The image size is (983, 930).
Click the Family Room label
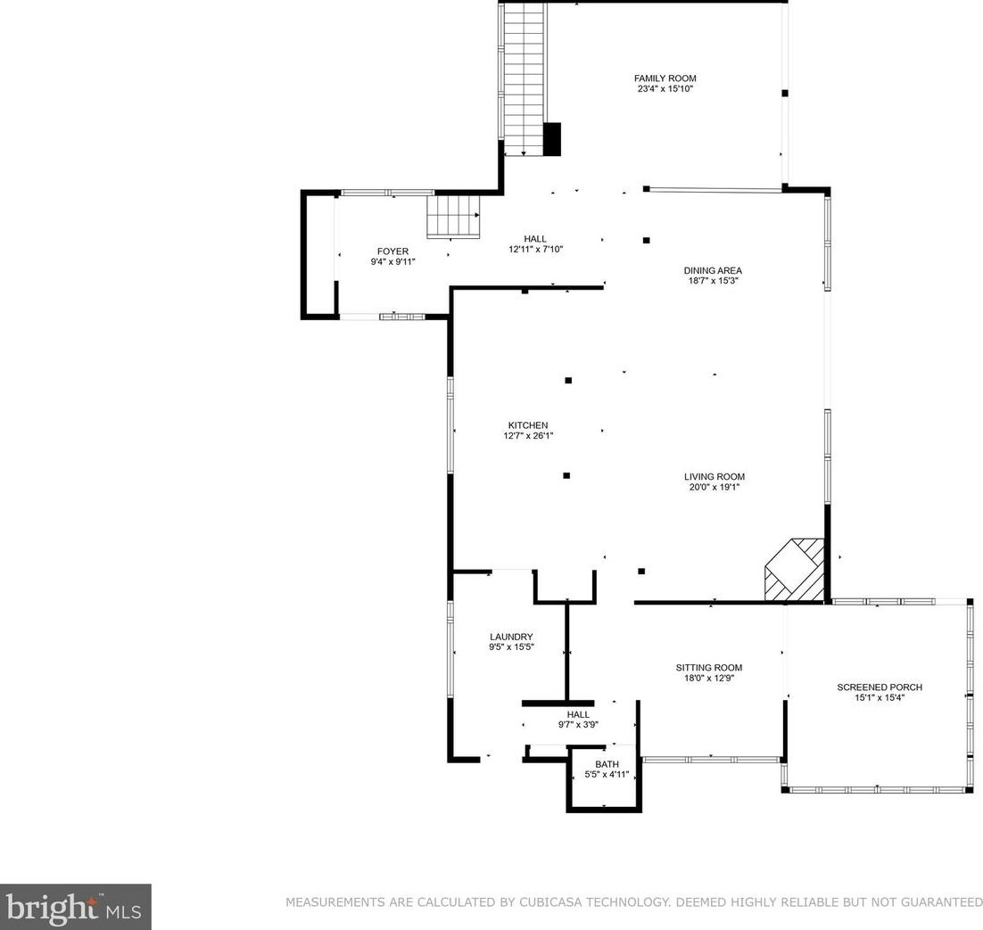tap(665, 78)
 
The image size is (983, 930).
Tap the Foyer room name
tap(393, 251)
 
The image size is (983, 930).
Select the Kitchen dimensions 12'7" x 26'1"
tap(528, 435)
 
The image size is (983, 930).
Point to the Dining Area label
tap(713, 271)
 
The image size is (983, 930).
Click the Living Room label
tap(715, 476)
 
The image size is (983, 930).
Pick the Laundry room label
tap(511, 637)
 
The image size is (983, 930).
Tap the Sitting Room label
tap(709, 668)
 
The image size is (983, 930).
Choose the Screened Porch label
tap(880, 687)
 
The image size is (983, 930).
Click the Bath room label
tap(607, 764)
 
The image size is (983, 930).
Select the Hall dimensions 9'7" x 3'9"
tap(579, 724)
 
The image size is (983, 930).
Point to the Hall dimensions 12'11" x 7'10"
tap(536, 249)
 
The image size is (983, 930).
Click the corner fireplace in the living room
tap(794, 571)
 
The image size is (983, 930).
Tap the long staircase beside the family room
tap(523, 79)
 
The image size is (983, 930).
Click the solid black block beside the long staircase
tap(551, 138)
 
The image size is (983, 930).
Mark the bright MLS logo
tap(75, 907)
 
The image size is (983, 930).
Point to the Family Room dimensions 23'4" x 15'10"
tap(665, 89)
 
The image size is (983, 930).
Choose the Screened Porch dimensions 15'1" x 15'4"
tap(880, 697)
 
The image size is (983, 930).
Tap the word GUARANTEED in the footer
tap(941, 902)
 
